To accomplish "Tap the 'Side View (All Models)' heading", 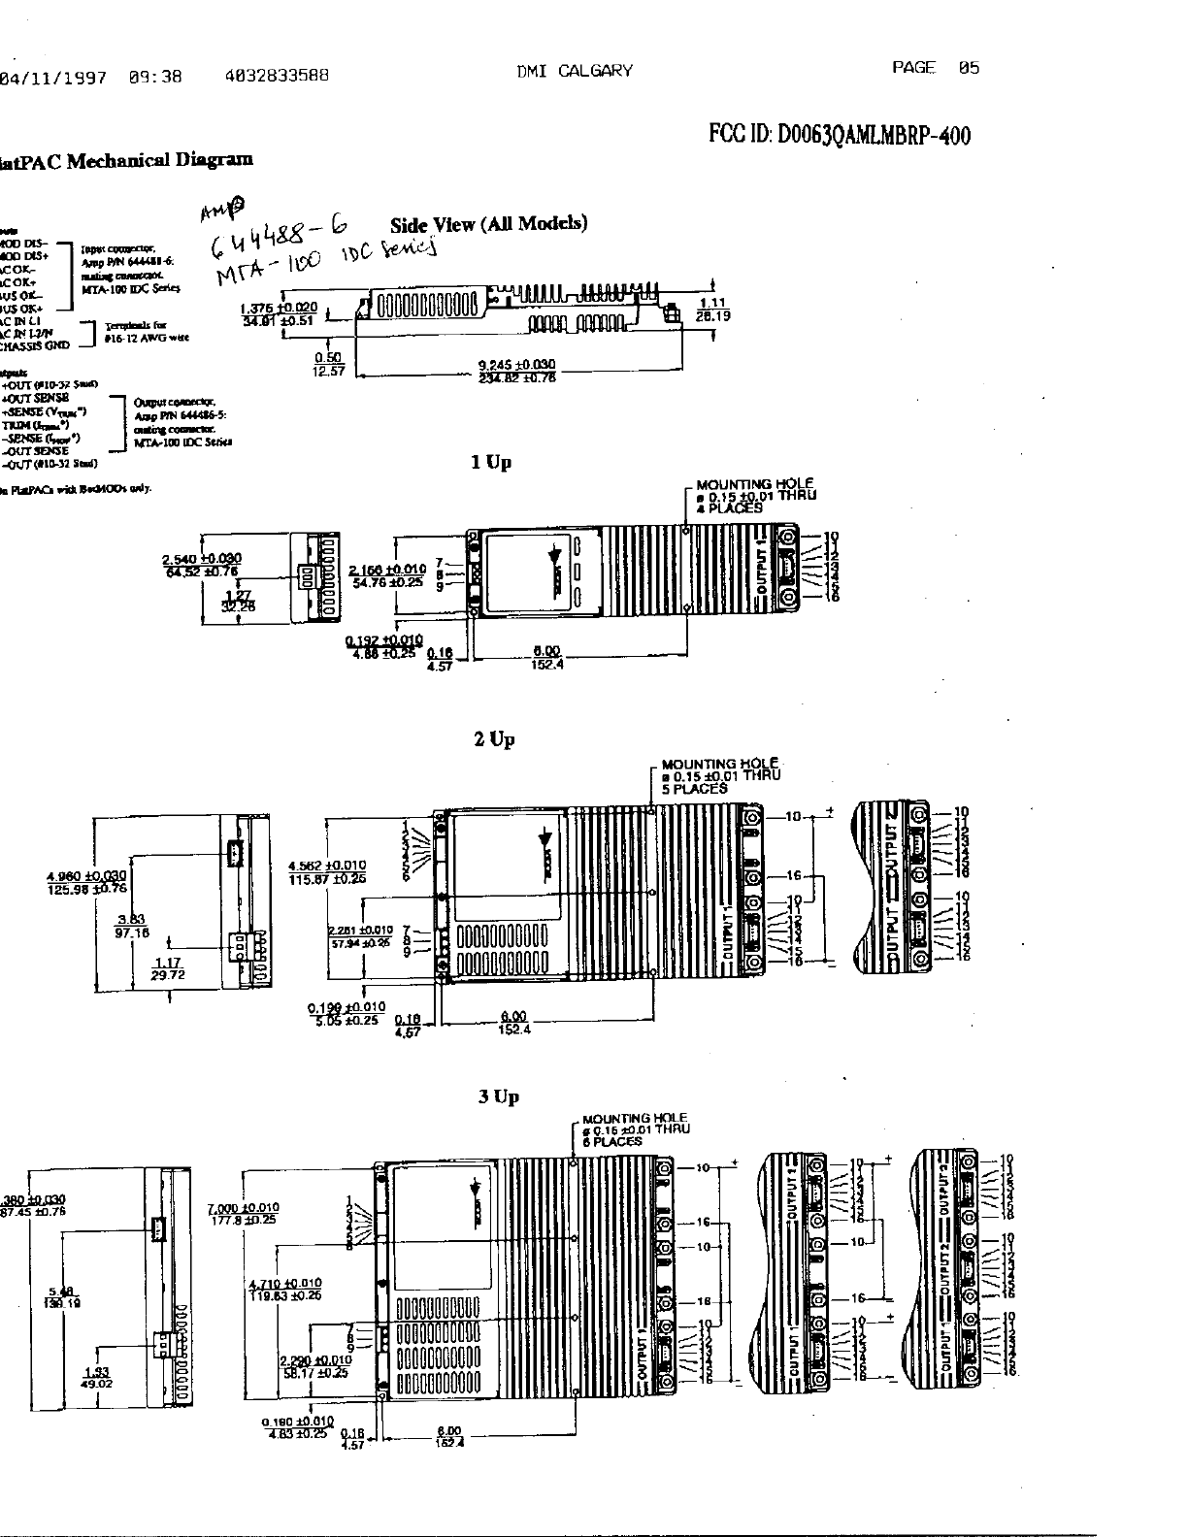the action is (x=488, y=224).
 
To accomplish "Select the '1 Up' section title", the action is (x=490, y=463).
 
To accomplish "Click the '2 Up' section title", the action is (x=494, y=740).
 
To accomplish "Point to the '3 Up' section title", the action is (x=498, y=1097).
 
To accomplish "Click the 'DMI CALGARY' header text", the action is (x=575, y=70).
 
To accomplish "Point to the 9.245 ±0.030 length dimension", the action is (x=515, y=365).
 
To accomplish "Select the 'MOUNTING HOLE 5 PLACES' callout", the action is (x=720, y=776).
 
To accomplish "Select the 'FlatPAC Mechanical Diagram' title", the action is (x=126, y=160).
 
